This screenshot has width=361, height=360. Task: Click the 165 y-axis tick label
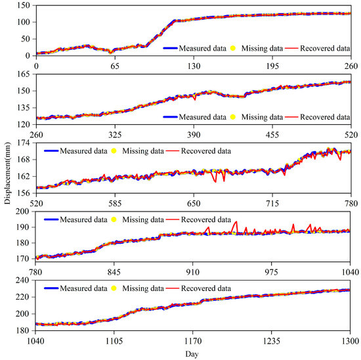[24, 74]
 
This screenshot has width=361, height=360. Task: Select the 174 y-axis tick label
[24, 143]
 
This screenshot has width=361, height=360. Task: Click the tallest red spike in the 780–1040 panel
[236, 222]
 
